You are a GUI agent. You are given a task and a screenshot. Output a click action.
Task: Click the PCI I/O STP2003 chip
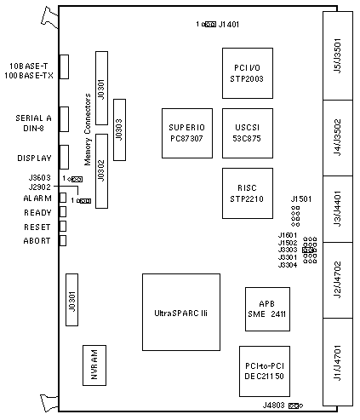[248, 73]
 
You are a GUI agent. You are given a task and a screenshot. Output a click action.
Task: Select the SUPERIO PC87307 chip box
[187, 133]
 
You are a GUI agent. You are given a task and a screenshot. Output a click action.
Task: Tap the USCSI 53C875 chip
[248, 133]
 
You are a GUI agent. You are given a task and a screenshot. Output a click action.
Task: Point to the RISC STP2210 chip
[248, 193]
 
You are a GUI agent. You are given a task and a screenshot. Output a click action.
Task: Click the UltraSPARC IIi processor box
[181, 312]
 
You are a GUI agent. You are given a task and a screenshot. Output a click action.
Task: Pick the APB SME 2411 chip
[267, 309]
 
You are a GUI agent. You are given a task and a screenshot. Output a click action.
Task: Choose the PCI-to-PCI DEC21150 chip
[265, 371]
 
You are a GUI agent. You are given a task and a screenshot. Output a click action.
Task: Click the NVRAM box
[94, 365]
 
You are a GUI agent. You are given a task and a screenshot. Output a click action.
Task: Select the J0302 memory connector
[101, 171]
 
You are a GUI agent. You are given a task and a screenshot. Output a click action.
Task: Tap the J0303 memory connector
[119, 129]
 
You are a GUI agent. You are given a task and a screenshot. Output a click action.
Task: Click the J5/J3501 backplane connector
[338, 55]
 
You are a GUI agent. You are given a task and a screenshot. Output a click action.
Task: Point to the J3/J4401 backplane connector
[338, 209]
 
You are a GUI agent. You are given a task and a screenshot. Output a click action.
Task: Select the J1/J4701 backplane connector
[338, 362]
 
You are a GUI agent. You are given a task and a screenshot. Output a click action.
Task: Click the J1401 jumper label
[229, 25]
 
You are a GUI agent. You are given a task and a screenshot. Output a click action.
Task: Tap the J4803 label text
[273, 406]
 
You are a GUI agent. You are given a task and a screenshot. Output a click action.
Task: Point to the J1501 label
[301, 199]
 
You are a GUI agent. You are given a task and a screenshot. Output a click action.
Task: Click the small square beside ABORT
[63, 240]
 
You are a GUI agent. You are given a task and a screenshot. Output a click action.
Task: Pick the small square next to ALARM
[63, 198]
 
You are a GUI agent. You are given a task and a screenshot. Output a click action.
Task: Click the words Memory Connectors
[88, 129]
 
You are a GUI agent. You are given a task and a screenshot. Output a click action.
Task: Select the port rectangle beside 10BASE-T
[64, 66]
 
